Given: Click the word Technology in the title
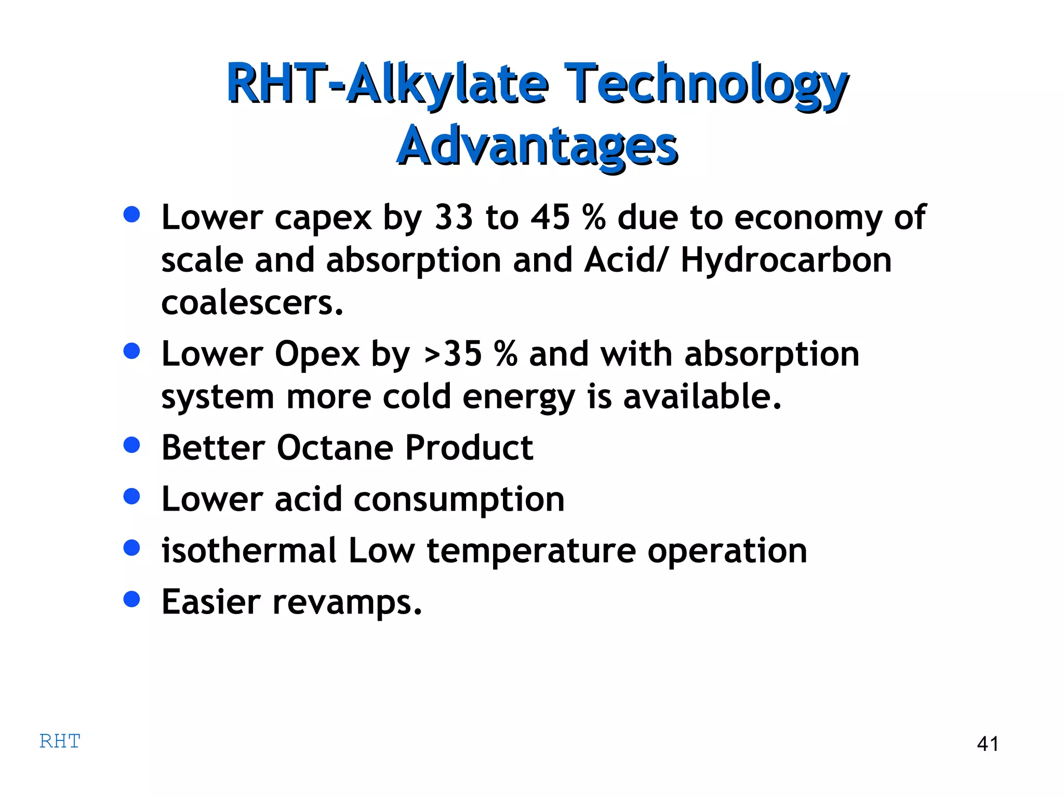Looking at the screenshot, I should pos(706,84).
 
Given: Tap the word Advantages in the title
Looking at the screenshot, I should pos(537,146).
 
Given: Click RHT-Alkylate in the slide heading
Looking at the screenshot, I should pos(387,84).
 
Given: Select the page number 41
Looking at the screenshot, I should pos(987,744).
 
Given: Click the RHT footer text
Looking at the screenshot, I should pos(60,741).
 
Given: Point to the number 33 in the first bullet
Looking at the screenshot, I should pos(454,217).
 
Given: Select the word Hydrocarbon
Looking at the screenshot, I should pos(786,260).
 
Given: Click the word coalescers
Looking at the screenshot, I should pos(252,303).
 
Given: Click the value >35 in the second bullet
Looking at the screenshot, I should pos(453,354).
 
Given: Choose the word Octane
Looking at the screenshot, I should pos(335,447).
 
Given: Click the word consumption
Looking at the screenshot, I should pos(459,499).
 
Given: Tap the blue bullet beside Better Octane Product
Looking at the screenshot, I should pos(132,445).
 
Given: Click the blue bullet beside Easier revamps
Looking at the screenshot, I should pos(132,599).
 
